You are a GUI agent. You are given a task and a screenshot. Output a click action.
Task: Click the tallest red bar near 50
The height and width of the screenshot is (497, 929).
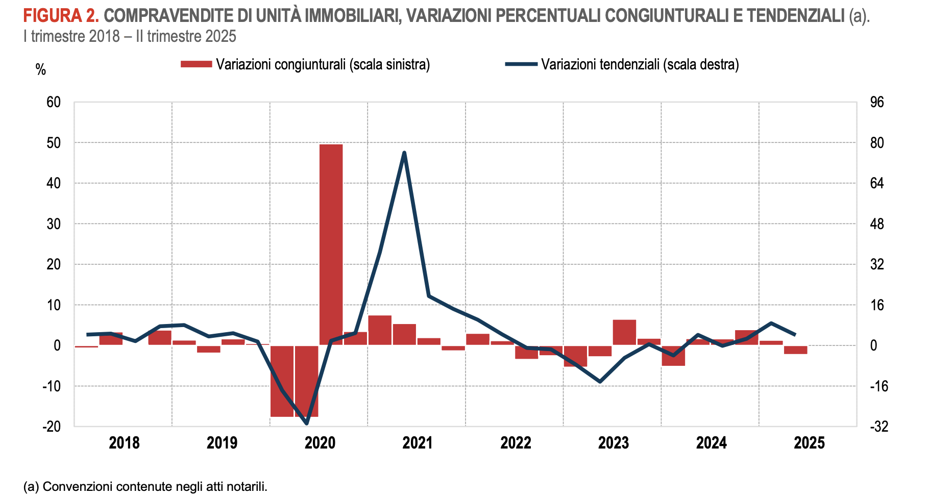coord(331,245)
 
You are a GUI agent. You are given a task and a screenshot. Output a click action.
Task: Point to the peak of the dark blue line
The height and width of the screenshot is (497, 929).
coord(404,153)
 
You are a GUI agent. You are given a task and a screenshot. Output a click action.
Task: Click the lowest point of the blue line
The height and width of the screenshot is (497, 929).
coord(306,423)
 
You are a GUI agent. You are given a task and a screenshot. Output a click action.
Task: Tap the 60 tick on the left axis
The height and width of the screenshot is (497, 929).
coord(54,102)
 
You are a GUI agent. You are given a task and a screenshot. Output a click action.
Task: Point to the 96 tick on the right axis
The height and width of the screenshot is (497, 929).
coord(876,102)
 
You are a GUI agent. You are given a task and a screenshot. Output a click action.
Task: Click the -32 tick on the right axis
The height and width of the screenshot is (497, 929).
coord(878,427)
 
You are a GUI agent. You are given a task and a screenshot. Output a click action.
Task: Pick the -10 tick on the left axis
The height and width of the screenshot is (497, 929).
coord(51,386)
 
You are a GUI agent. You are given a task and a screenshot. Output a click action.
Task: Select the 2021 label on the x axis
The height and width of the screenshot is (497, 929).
coord(418,443)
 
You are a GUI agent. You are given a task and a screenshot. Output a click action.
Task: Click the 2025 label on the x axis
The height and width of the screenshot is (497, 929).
coord(809,443)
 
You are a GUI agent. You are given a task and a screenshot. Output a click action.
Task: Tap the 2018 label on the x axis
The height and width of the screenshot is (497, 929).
coord(124,443)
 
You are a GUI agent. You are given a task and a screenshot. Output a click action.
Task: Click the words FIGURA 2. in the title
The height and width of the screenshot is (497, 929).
coord(61,16)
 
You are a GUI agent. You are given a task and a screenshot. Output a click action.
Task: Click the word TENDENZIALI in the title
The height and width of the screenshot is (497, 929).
coord(795,16)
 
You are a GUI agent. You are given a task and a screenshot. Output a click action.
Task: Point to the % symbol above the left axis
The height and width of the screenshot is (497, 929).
coord(41,70)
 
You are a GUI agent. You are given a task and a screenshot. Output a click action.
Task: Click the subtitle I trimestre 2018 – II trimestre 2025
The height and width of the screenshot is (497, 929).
coord(130,36)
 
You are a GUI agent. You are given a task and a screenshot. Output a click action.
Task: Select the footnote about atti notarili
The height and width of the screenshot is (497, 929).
coord(145,486)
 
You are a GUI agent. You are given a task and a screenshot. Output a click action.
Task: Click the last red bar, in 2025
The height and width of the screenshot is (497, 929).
coord(795,350)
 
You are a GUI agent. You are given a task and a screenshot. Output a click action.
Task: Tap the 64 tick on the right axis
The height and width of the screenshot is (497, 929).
coord(876,183)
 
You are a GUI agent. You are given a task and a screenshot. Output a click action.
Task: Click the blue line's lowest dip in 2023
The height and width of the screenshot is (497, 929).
coord(600,382)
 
